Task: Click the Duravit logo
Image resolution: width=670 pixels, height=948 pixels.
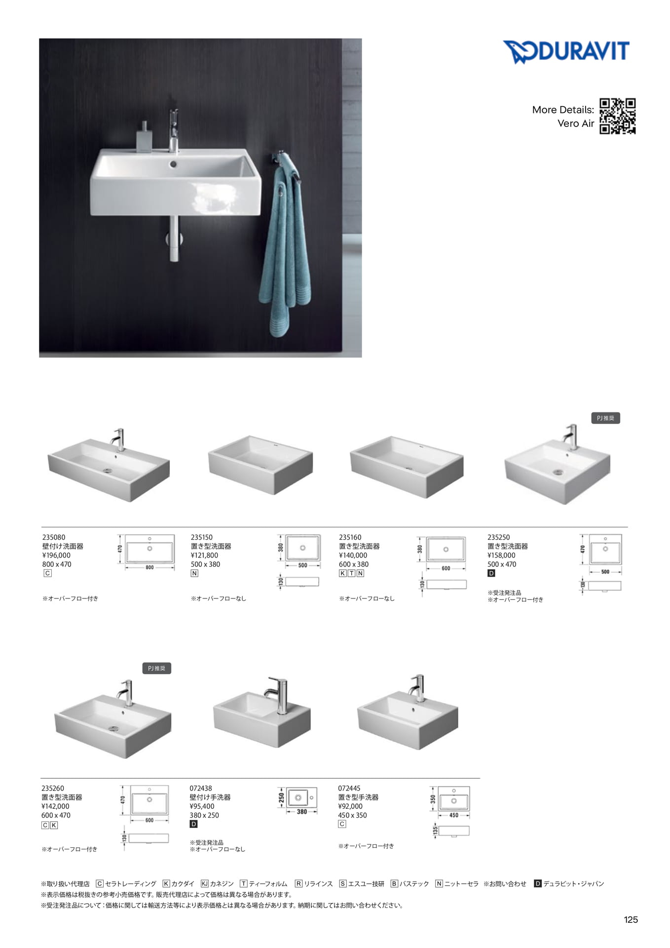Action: [566, 52]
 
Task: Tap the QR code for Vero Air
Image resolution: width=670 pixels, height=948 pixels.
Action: [617, 116]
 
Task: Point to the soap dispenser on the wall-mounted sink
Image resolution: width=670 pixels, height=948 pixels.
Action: [144, 136]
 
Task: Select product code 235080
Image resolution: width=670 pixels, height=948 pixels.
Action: [54, 537]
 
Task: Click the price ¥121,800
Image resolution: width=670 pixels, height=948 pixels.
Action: [204, 555]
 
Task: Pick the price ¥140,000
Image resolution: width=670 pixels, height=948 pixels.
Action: [353, 555]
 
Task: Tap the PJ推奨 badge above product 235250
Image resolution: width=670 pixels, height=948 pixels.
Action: [605, 418]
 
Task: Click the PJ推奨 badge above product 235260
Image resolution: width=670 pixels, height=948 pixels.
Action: [156, 669]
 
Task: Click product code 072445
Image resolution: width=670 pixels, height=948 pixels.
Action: [349, 789]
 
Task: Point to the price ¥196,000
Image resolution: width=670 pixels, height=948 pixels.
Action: [56, 555]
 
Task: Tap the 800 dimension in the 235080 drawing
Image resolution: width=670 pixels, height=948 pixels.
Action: [149, 568]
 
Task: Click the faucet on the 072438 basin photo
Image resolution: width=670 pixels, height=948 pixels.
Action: [278, 694]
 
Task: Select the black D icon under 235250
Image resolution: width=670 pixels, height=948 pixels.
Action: [491, 573]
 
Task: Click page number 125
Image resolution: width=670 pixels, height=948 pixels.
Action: [631, 919]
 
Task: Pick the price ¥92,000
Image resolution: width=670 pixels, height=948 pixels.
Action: [350, 806]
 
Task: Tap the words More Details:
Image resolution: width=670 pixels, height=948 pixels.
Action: [563, 110]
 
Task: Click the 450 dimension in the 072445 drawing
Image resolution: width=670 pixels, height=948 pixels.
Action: [453, 815]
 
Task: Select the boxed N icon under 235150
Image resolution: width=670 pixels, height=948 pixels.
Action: [194, 573]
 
